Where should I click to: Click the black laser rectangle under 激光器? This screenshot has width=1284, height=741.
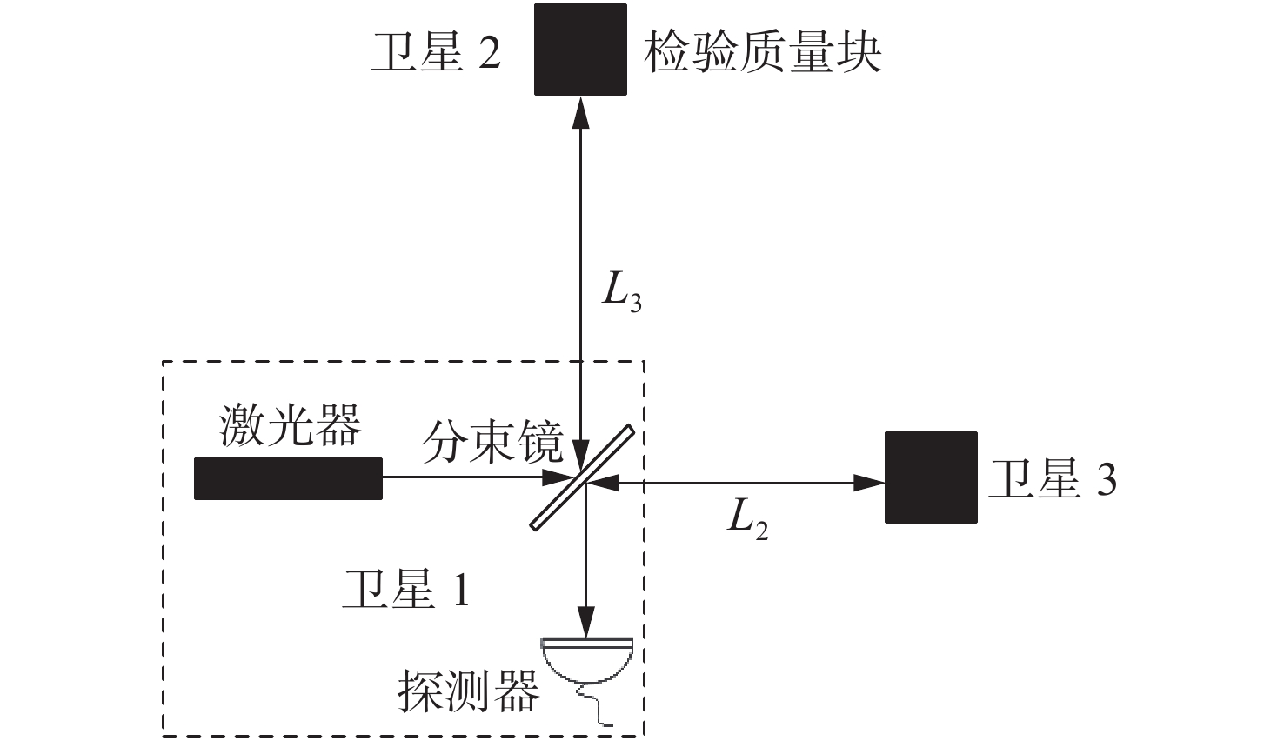point(288,478)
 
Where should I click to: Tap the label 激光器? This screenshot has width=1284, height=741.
point(290,426)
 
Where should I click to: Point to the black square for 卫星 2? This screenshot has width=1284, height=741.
point(580,50)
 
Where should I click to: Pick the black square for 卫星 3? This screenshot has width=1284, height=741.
point(931,477)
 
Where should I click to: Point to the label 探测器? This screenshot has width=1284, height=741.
point(468,691)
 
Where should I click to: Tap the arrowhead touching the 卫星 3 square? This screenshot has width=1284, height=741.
point(870,482)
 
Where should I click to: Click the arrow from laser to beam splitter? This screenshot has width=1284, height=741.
point(470,477)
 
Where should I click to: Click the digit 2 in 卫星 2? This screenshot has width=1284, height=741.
point(490,54)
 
